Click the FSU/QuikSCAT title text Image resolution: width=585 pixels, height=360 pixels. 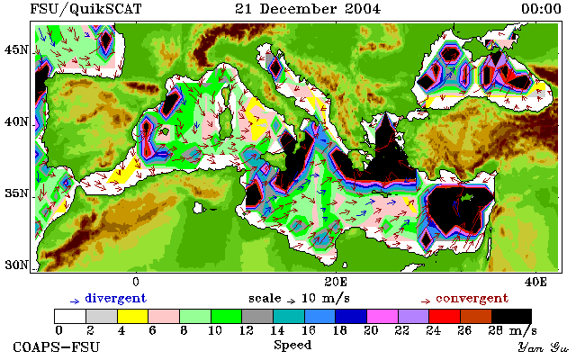pyautogui.click(x=85, y=9)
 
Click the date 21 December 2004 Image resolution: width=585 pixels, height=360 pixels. pyautogui.click(x=308, y=9)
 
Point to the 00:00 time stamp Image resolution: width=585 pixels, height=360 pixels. pyautogui.click(x=541, y=9)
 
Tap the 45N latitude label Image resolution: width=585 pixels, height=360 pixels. pyautogui.click(x=16, y=49)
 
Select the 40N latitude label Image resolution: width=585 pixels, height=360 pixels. pyautogui.click(x=16, y=121)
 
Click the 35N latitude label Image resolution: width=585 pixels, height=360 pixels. pyautogui.click(x=16, y=193)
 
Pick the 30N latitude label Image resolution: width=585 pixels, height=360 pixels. pyautogui.click(x=16, y=265)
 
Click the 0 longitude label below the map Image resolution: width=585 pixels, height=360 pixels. pyautogui.click(x=136, y=282)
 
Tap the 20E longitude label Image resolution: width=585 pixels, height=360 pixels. pyautogui.click(x=336, y=282)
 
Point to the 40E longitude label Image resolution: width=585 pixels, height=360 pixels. pyautogui.click(x=535, y=282)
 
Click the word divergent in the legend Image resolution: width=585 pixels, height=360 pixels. pyautogui.click(x=116, y=299)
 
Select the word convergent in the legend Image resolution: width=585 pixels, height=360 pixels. pyautogui.click(x=472, y=299)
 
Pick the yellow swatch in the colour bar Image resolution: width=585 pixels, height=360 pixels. pyautogui.click(x=133, y=316)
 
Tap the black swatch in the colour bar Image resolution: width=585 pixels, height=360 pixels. pyautogui.click(x=511, y=316)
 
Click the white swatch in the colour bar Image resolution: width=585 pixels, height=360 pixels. pyautogui.click(x=70, y=316)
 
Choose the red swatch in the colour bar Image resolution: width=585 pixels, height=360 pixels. pyautogui.click(x=445, y=316)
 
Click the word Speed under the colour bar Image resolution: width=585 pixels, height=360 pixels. pyautogui.click(x=292, y=345)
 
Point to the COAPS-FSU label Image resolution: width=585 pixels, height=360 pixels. pyautogui.click(x=57, y=346)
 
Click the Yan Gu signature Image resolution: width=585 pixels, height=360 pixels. pyautogui.click(x=544, y=347)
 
